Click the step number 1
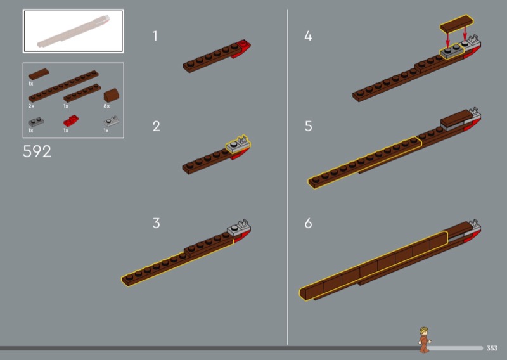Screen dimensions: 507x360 (155, 36)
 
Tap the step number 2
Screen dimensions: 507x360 (156, 126)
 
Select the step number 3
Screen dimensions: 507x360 (156, 223)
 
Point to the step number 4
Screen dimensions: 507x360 (308, 36)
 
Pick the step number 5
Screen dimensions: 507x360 (308, 126)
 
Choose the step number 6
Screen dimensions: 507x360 (308, 223)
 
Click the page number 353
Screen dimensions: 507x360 (492, 348)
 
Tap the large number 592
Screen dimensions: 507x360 (37, 151)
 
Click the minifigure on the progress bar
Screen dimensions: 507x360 (424, 340)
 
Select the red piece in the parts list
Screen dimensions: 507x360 (71, 120)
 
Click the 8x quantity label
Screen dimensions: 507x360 (106, 106)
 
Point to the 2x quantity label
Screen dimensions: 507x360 (31, 106)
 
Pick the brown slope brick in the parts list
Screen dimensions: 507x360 (112, 95)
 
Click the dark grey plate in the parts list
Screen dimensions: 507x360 (36, 122)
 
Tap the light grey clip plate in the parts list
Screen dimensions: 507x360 (112, 121)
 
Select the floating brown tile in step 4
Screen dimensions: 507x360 (456, 23)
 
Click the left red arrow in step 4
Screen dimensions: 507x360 (448, 39)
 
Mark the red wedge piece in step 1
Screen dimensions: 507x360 (241, 49)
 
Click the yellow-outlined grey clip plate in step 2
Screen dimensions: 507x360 (238, 145)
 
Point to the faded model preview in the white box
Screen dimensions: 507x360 (74, 32)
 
